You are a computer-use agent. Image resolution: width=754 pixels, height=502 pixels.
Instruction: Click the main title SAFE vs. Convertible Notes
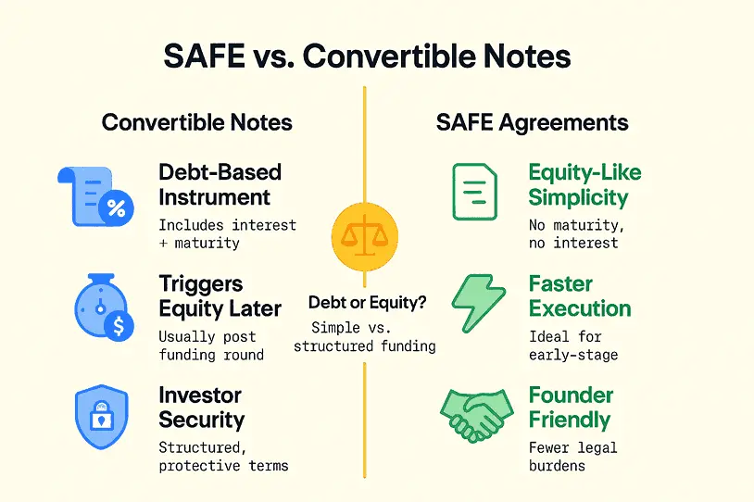point(367,56)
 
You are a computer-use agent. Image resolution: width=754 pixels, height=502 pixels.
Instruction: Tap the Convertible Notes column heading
point(196,123)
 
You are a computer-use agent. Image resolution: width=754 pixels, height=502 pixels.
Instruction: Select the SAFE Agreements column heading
point(532,123)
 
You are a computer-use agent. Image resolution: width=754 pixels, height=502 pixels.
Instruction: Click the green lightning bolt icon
point(478,303)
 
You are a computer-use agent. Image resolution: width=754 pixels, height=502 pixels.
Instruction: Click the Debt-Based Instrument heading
point(220,184)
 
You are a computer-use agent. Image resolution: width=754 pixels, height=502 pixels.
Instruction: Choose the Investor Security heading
point(201,408)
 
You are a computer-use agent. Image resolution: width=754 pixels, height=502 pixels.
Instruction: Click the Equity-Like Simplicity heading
point(584,184)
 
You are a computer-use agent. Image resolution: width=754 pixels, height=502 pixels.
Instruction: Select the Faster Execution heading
point(579,296)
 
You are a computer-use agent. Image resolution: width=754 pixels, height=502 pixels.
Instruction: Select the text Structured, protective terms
point(222,456)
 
